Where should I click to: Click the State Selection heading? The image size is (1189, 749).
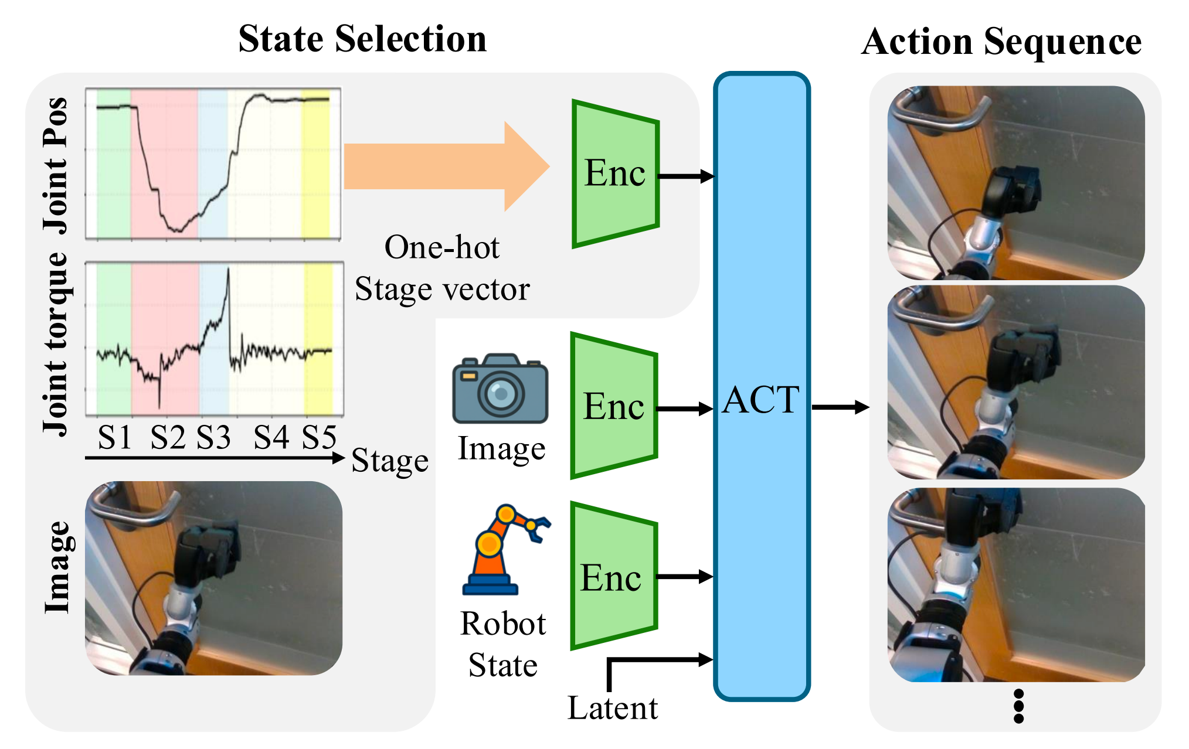click(362, 39)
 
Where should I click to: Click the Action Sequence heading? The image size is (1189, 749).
click(1001, 42)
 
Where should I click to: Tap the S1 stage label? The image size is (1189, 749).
click(114, 437)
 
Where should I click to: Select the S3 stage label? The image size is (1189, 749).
click(213, 437)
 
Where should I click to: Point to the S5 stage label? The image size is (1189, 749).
click(320, 437)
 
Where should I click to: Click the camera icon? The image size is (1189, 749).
click(500, 389)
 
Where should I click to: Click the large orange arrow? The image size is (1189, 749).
click(446, 166)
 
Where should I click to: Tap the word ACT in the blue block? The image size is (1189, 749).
click(760, 400)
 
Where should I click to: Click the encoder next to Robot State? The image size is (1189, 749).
click(613, 577)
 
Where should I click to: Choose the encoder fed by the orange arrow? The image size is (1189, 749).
click(615, 174)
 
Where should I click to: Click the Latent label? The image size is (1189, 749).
click(613, 708)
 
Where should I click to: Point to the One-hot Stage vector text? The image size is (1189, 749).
click(443, 268)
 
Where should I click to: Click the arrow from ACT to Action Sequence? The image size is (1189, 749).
click(840, 407)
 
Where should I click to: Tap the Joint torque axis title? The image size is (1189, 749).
click(56, 344)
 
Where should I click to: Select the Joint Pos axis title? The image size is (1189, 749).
click(56, 165)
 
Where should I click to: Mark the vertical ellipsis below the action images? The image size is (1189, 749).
click(1018, 706)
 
